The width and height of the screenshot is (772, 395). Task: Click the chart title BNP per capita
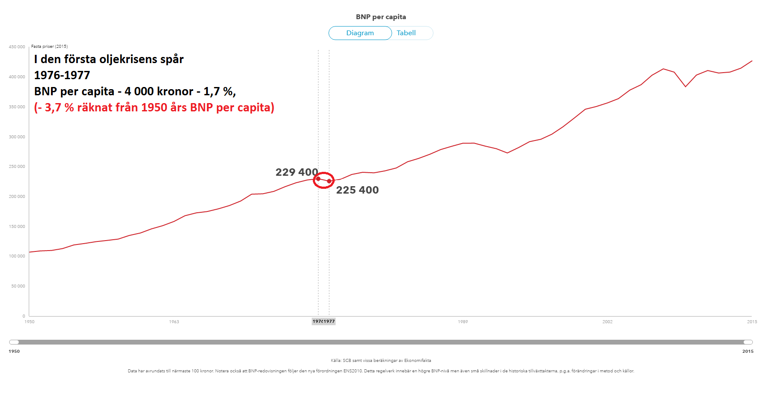tap(381, 17)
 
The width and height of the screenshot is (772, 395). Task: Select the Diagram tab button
tap(360, 33)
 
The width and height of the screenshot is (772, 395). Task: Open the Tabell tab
tap(406, 33)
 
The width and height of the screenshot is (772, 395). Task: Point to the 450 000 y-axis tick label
tap(17, 47)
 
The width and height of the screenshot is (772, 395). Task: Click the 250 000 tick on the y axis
tap(17, 167)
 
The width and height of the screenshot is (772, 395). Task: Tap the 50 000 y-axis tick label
tap(18, 286)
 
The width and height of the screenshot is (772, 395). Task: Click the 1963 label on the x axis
tap(174, 322)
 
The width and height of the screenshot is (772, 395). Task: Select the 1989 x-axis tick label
tap(463, 322)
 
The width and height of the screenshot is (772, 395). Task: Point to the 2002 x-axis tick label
tap(607, 322)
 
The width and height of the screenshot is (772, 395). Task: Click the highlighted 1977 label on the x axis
tap(329, 321)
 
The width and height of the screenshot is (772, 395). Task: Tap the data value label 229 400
tap(297, 172)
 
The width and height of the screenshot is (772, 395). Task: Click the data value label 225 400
tap(357, 190)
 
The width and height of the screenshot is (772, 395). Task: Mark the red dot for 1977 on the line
tap(329, 181)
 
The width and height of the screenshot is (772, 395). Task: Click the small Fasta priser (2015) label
tap(49, 47)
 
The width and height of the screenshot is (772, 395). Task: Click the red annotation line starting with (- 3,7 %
tap(154, 107)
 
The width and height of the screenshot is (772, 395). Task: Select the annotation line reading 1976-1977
tap(62, 75)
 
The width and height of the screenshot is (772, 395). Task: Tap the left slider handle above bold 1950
tap(14, 342)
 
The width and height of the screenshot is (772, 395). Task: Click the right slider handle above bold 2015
tap(748, 342)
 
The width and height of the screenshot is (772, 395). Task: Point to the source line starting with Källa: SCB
tap(381, 361)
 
